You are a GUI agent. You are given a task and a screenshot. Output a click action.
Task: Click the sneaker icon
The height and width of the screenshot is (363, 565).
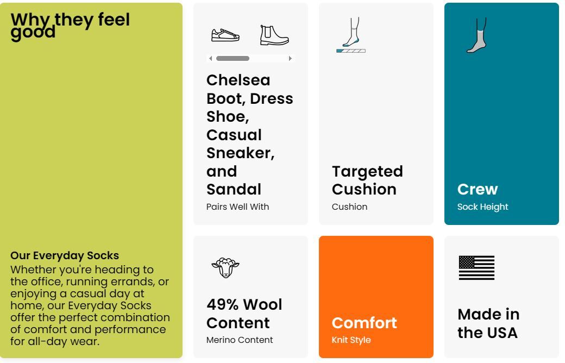[x=225, y=35]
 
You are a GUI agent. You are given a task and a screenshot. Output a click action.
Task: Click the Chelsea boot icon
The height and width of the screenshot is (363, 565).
[x=274, y=35]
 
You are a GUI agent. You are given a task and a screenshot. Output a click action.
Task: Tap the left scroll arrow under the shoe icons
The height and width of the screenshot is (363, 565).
[x=211, y=58]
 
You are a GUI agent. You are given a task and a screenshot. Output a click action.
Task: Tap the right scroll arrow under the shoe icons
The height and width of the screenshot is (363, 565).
[x=290, y=58]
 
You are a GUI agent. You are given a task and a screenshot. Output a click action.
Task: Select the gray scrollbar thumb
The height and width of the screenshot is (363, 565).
[x=233, y=58]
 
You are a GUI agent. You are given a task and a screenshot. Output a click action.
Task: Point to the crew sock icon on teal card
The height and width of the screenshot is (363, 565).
[x=477, y=35]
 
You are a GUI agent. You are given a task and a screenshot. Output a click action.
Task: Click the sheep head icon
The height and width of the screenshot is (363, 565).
[x=225, y=267]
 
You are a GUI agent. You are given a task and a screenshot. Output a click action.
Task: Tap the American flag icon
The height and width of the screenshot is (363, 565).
[x=477, y=268]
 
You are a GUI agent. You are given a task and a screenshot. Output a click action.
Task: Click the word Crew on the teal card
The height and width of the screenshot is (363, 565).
[x=478, y=189]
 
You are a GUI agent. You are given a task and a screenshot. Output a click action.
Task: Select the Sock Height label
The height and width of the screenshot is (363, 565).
[x=482, y=207]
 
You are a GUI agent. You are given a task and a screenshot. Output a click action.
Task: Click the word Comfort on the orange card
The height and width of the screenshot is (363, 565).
[x=365, y=323]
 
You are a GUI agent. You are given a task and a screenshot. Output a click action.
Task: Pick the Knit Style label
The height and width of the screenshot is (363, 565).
[x=351, y=340]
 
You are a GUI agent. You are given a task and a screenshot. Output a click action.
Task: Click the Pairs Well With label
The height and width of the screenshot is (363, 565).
[x=237, y=207]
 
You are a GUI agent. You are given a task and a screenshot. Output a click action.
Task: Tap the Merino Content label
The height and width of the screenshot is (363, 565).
[x=240, y=340]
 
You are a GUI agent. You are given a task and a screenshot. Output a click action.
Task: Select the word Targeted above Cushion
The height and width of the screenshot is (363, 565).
[x=367, y=172]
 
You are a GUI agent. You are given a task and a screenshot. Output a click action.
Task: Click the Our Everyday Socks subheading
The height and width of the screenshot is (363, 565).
[x=65, y=255]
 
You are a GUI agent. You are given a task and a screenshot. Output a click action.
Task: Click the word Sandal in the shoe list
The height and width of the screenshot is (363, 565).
[x=234, y=190]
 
